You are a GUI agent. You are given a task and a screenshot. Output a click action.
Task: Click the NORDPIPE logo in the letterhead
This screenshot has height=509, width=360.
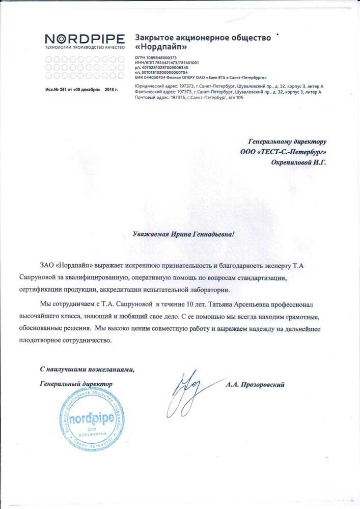click(x=85, y=38)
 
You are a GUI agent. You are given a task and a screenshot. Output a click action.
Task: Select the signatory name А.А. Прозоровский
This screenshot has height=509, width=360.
click(x=255, y=385)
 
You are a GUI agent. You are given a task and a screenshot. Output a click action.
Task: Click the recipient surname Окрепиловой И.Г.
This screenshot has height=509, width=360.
click(x=298, y=162)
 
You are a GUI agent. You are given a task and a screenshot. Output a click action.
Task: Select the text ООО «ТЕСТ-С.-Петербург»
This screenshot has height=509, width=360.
click(x=283, y=152)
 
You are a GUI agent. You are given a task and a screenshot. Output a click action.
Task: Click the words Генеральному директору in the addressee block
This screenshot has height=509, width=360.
click(x=287, y=142)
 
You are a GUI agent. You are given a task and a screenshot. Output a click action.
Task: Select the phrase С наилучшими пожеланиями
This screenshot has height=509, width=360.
click(x=87, y=369)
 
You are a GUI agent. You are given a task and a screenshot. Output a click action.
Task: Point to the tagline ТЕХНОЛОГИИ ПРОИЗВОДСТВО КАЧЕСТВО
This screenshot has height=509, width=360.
click(x=85, y=47)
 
